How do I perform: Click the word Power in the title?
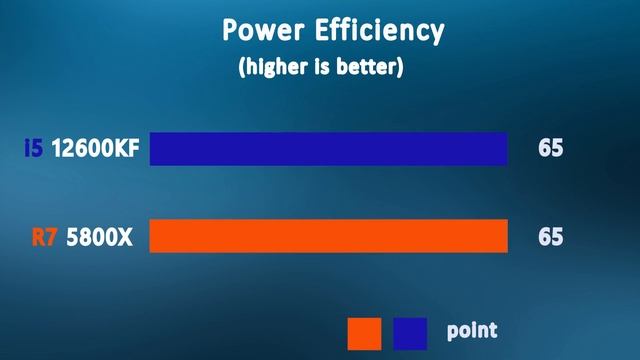click(263, 31)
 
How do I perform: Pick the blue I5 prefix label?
click(33, 149)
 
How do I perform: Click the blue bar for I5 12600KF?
click(328, 149)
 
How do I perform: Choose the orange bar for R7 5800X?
click(328, 237)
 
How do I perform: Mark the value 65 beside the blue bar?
click(550, 149)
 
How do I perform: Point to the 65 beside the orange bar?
click(550, 238)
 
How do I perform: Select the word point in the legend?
click(471, 331)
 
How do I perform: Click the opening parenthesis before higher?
click(242, 69)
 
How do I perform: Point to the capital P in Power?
click(230, 31)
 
